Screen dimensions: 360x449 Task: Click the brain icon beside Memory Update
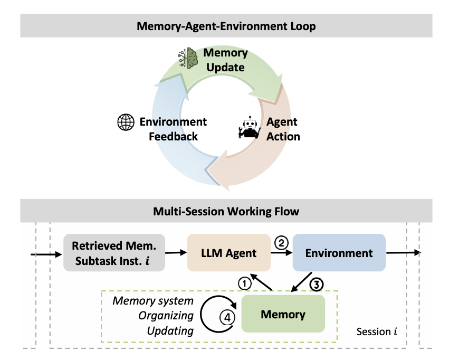click(x=186, y=59)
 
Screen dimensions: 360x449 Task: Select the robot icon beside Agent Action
click(x=249, y=127)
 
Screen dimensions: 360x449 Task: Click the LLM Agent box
click(x=229, y=253)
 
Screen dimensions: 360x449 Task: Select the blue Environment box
click(x=339, y=253)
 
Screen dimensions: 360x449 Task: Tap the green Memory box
click(x=283, y=314)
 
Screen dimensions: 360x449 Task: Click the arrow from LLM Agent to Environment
click(x=282, y=253)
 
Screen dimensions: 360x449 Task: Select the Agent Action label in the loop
click(x=283, y=129)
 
